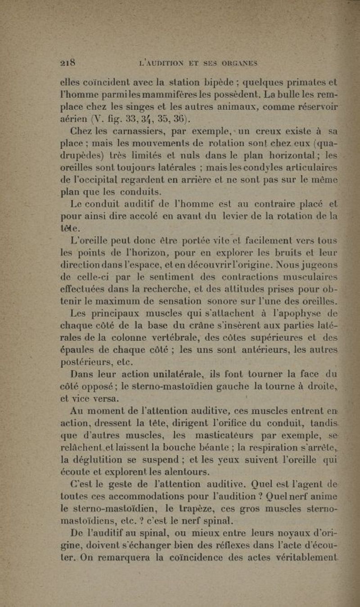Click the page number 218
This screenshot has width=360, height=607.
[x=68, y=62]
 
